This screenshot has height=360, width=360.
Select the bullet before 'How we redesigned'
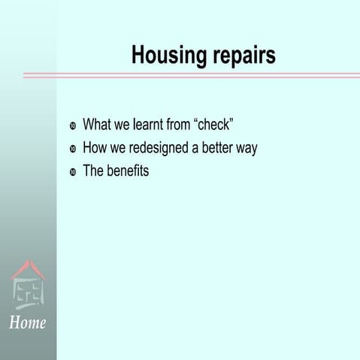click(73, 149)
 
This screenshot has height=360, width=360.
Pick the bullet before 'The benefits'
click(73, 172)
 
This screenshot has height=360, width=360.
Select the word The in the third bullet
click(93, 171)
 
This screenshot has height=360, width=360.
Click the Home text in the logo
click(28, 323)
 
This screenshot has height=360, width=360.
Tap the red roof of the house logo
click(28, 268)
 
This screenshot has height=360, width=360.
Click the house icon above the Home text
click(28, 286)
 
